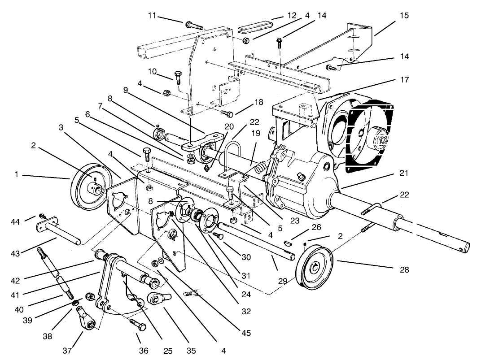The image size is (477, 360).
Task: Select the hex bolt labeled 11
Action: pyautogui.click(x=193, y=25)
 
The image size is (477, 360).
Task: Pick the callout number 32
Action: pyautogui.click(x=245, y=311)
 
